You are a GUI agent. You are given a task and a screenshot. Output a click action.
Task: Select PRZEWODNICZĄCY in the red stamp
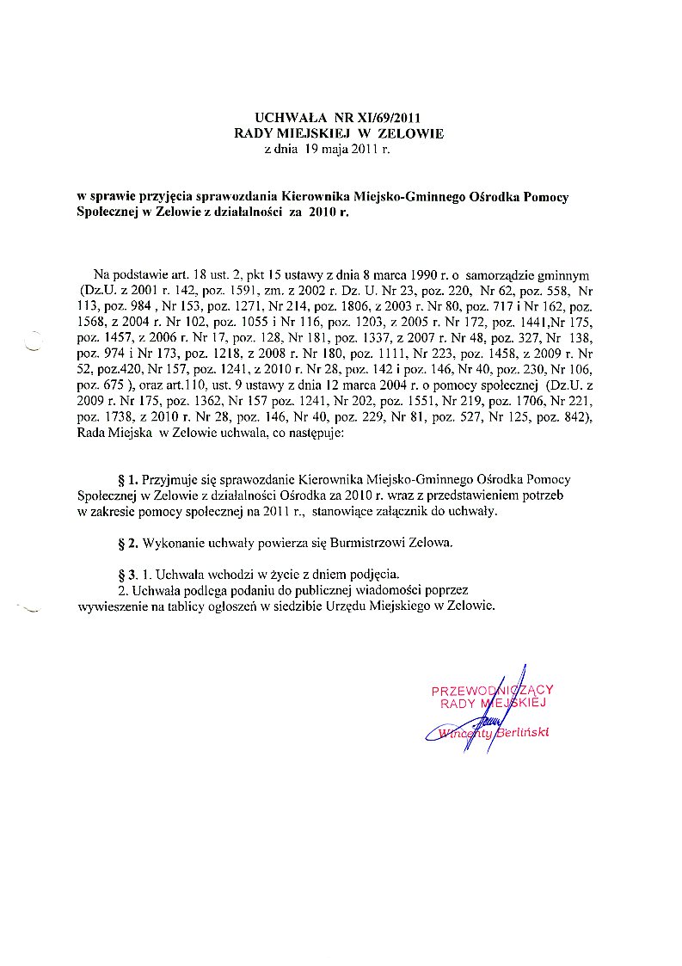click(491, 690)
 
